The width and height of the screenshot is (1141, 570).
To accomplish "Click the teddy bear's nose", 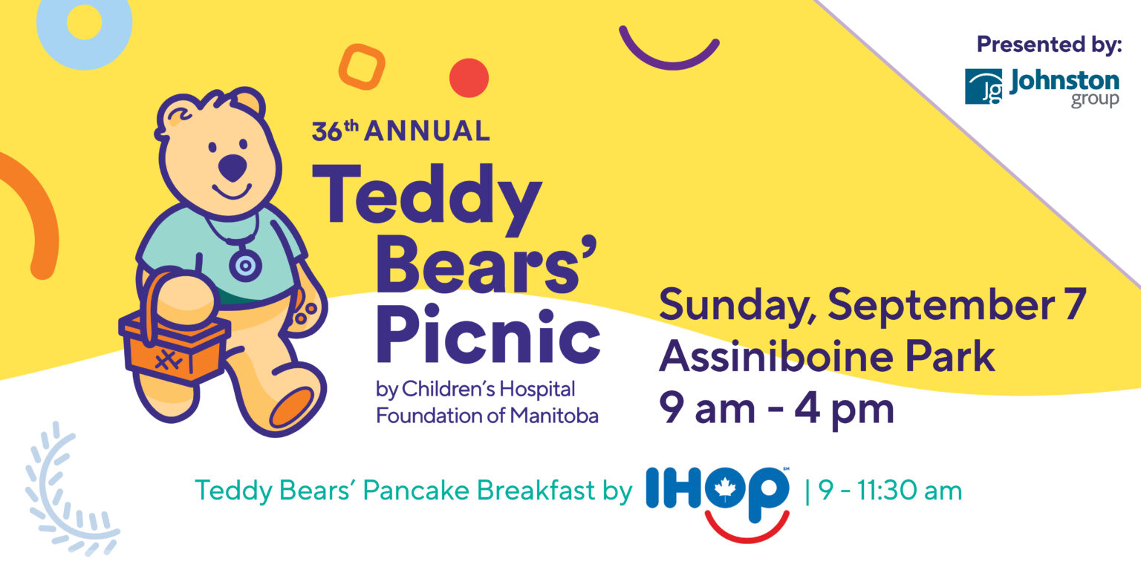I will coord(233,168).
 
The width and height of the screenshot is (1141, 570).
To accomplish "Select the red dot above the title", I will coord(469,78).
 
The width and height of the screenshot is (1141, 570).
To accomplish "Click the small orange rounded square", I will coord(362,67).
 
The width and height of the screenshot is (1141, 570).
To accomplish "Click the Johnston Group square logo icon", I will coord(983,87).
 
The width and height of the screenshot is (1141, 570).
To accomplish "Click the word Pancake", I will coord(408,491).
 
